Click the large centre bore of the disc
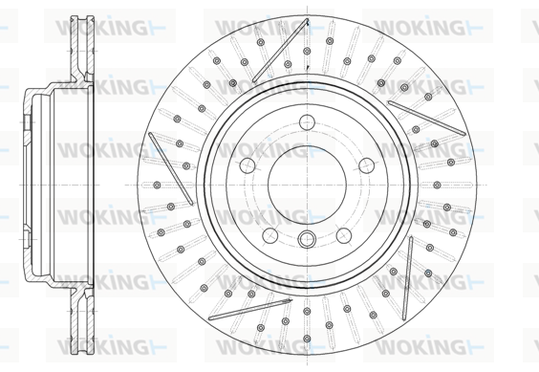click(x=307, y=186)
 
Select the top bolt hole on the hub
click(x=307, y=122)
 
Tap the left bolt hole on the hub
click(x=248, y=165)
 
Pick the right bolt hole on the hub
click(x=366, y=165)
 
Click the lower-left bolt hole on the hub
click(x=270, y=235)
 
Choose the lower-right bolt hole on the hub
click(x=344, y=235)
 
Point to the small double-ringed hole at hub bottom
click(x=307, y=239)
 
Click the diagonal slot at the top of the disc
click(x=281, y=51)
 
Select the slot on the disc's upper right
click(x=426, y=118)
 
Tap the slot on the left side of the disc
click(x=171, y=168)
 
